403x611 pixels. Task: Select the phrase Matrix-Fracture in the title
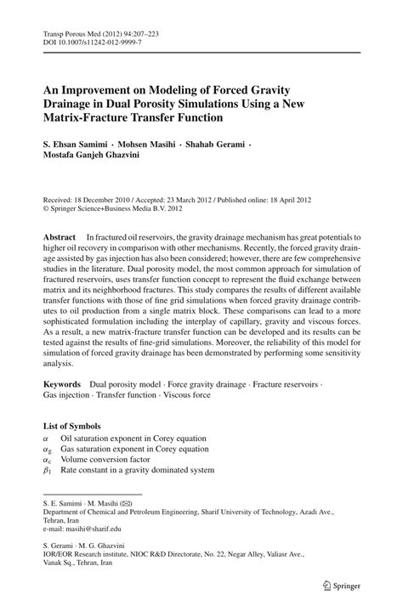(x=89, y=117)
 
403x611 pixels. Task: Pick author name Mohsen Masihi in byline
(x=161, y=144)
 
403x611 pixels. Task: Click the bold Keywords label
(x=67, y=385)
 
